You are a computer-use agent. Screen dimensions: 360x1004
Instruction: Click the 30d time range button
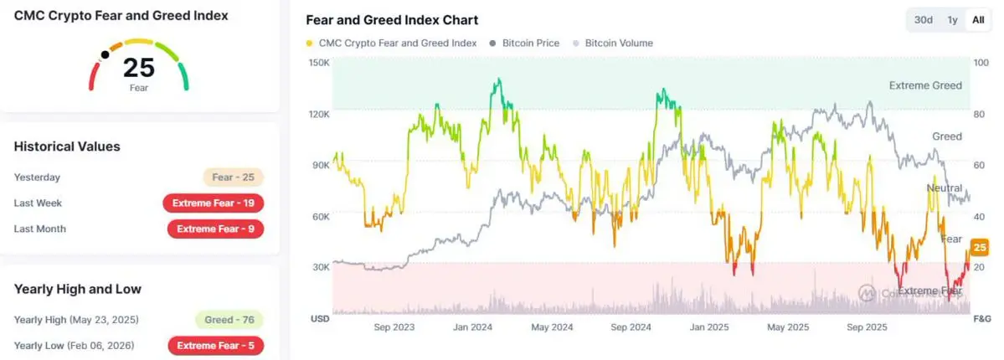click(x=924, y=20)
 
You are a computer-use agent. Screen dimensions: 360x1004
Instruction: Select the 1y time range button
click(x=952, y=20)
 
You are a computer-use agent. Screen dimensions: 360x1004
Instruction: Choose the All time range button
click(x=978, y=20)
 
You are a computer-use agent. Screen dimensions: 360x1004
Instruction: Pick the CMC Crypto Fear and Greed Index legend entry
click(x=392, y=43)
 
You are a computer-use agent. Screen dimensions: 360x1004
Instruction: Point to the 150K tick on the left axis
click(x=319, y=63)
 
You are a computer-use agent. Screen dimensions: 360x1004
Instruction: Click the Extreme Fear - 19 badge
click(x=214, y=203)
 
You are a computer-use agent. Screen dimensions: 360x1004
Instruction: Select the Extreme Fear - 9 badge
click(x=216, y=229)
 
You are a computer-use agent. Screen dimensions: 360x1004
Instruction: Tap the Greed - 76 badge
click(x=229, y=319)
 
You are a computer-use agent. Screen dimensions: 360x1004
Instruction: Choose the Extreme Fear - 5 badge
click(x=216, y=345)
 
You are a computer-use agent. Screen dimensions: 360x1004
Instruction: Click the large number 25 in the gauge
click(x=139, y=68)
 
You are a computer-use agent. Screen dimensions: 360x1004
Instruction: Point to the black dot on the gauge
click(x=105, y=55)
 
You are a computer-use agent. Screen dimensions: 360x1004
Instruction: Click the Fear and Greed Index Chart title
click(x=393, y=20)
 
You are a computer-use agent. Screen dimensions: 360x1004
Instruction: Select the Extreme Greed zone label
click(x=924, y=85)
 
